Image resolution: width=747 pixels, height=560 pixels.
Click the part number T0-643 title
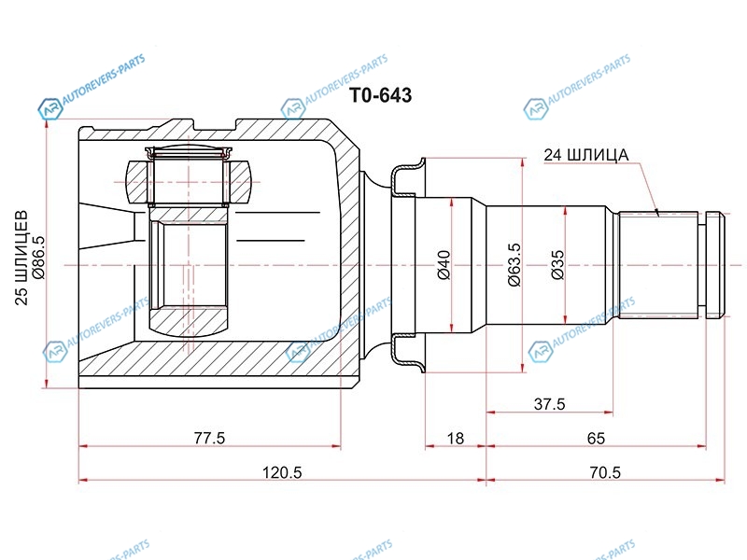point(381,95)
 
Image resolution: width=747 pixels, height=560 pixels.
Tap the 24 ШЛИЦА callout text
point(586,155)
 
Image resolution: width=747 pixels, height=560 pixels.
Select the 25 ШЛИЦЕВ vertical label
point(21,258)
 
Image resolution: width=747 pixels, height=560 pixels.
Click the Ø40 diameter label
point(444,265)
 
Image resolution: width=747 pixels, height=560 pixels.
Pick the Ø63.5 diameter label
point(514,265)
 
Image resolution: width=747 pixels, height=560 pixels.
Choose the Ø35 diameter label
point(557,265)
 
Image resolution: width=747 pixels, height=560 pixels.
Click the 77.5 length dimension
point(209,438)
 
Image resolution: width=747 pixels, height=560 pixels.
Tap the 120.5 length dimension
point(282,472)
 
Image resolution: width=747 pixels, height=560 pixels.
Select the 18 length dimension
point(456,438)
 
